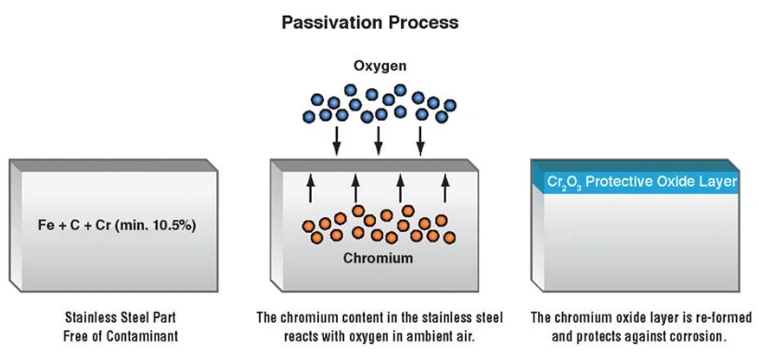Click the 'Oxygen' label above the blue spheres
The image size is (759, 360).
coord(379,67)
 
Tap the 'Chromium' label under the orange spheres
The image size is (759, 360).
coord(379,258)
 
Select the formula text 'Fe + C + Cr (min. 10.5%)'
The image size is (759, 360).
coord(110,225)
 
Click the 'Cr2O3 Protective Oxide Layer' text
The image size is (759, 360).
coord(642,182)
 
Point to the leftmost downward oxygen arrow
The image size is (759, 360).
coord(336,139)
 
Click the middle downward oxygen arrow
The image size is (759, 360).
coord(379,139)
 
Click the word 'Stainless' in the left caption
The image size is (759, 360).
coord(90,317)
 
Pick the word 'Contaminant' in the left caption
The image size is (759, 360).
coord(142,336)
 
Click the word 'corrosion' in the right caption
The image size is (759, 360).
coord(696,336)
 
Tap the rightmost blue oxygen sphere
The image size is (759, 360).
coord(450,106)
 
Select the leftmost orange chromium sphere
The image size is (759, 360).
coord(307,225)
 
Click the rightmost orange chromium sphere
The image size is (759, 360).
coord(450,238)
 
